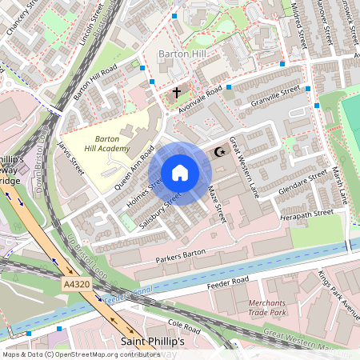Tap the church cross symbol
[177, 92]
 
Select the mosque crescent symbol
[218, 151]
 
